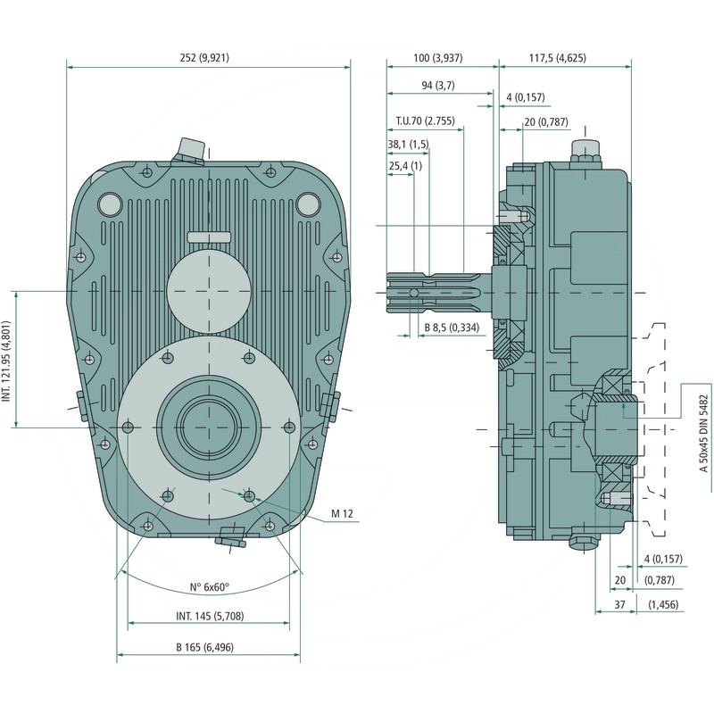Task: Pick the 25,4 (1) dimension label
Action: point(405,166)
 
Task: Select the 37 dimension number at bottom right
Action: point(619,605)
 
